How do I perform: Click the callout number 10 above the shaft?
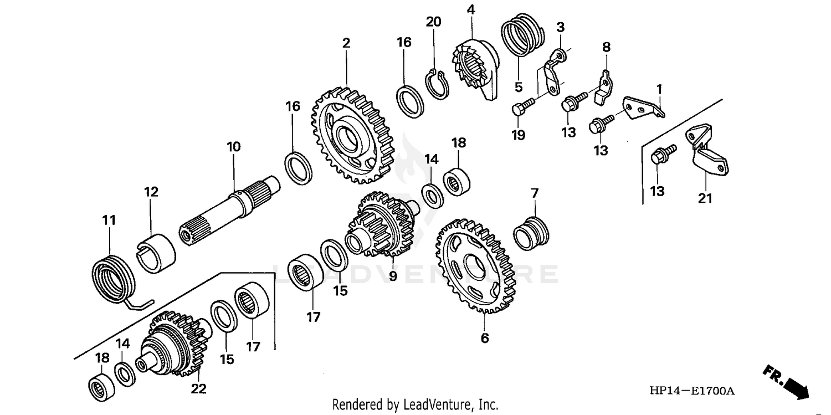pyautogui.click(x=233, y=147)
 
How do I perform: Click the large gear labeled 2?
pyautogui.click(x=351, y=136)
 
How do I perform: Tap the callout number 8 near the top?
pyautogui.click(x=606, y=47)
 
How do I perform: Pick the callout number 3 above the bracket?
pyautogui.click(x=560, y=27)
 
